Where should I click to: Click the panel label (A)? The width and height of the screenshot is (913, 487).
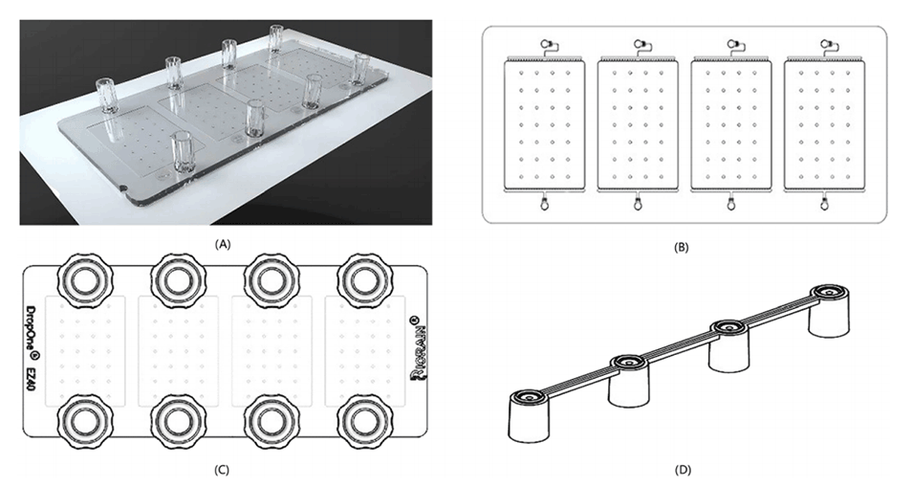(x=224, y=243)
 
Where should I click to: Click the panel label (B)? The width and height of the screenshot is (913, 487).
(x=681, y=247)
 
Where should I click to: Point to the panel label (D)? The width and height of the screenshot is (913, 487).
(x=681, y=469)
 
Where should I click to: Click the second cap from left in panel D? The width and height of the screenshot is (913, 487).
(x=626, y=363)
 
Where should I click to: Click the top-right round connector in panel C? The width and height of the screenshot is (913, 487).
(x=362, y=279)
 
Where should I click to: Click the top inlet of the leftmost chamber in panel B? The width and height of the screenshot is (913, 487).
(x=546, y=43)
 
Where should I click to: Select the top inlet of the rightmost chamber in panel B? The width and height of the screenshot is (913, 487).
(x=824, y=43)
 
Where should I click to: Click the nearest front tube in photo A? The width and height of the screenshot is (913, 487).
(x=182, y=153)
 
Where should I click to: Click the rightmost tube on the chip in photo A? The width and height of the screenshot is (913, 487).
(x=360, y=70)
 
